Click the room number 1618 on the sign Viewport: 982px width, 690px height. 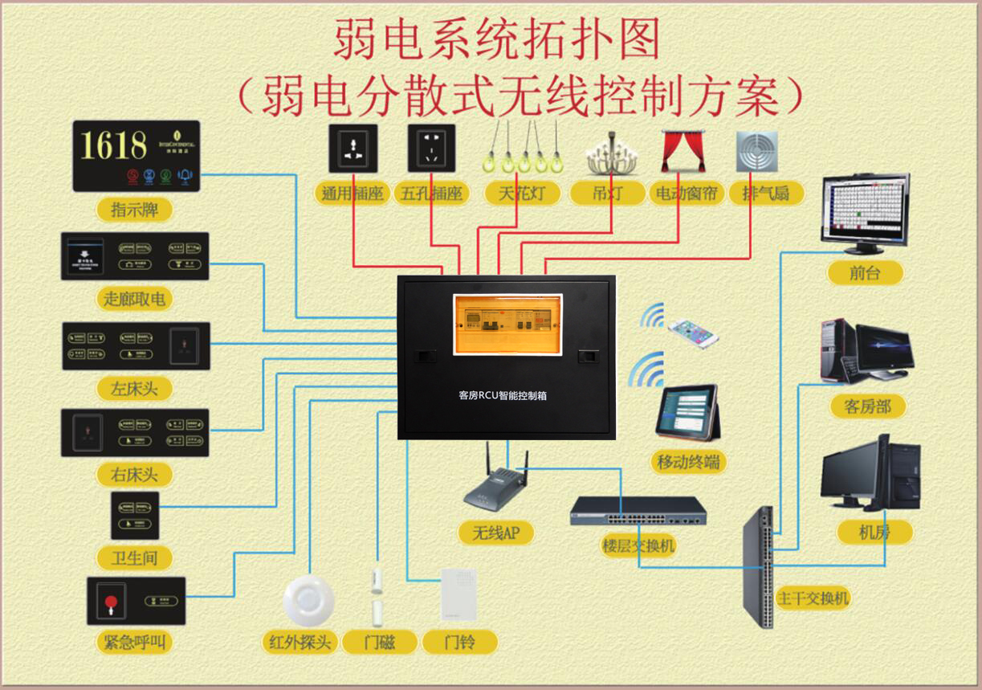tap(114, 145)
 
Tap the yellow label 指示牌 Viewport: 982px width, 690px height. tap(134, 210)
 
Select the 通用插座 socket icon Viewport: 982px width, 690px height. tap(352, 148)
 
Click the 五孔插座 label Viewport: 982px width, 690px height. tap(431, 194)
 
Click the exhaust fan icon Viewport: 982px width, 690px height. tap(756, 151)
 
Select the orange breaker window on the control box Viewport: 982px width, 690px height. tap(507, 324)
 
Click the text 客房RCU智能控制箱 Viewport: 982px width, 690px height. tap(503, 395)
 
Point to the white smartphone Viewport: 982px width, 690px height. tap(693, 331)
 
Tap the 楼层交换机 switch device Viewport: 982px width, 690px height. tap(638, 511)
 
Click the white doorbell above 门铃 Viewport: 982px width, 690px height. tap(458, 594)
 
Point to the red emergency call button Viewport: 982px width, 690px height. tap(110, 600)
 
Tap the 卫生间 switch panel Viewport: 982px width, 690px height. tap(135, 515)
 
